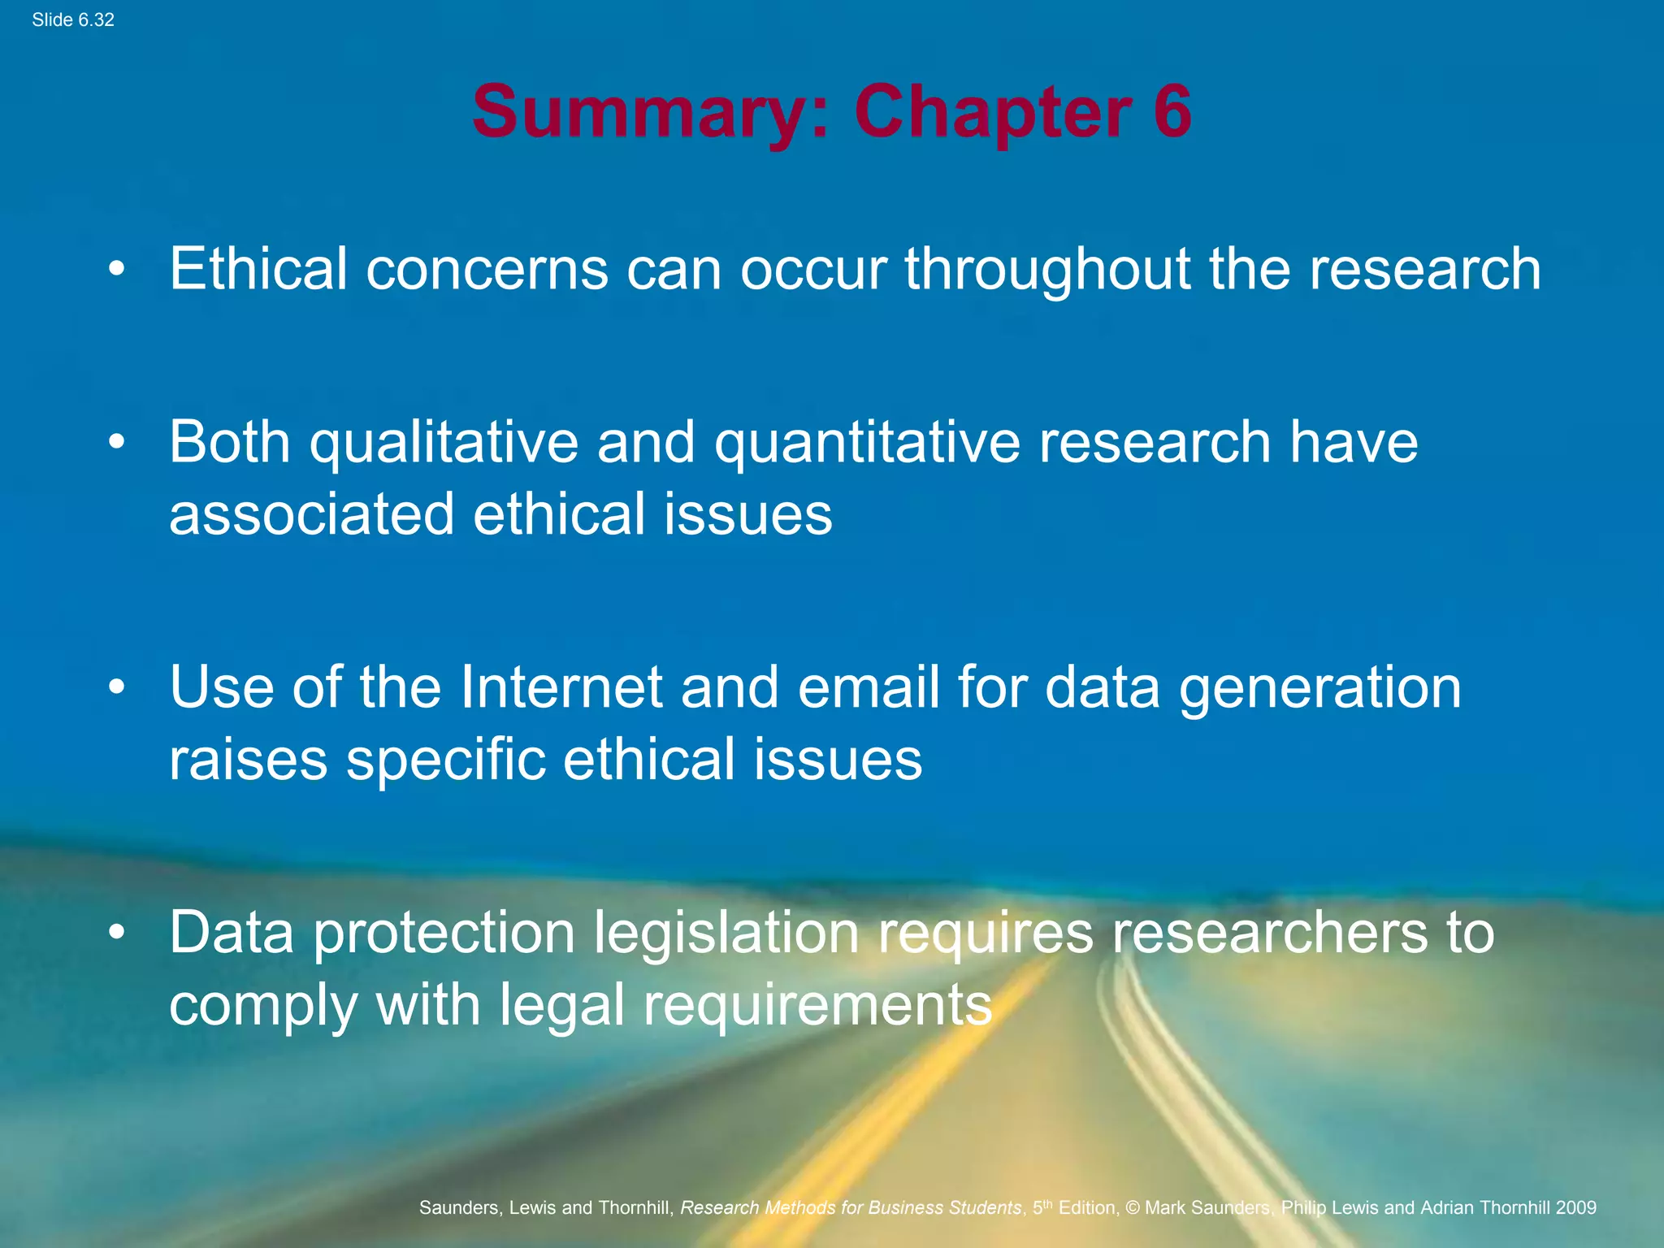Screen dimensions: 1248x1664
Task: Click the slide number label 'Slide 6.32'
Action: (73, 20)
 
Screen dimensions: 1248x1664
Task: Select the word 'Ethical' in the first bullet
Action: (258, 268)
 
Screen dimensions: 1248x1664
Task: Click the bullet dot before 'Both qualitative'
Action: (118, 441)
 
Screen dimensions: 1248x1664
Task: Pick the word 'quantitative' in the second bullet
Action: (867, 444)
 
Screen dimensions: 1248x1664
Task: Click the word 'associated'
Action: (311, 513)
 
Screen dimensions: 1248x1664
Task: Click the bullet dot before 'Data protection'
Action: (118, 932)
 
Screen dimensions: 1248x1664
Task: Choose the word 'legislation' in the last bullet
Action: (726, 933)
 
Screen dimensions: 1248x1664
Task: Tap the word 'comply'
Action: (262, 1006)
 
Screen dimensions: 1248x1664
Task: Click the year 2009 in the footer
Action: (1576, 1207)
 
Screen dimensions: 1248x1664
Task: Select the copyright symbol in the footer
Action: (1133, 1207)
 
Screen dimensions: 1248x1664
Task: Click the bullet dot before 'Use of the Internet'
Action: (118, 687)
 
